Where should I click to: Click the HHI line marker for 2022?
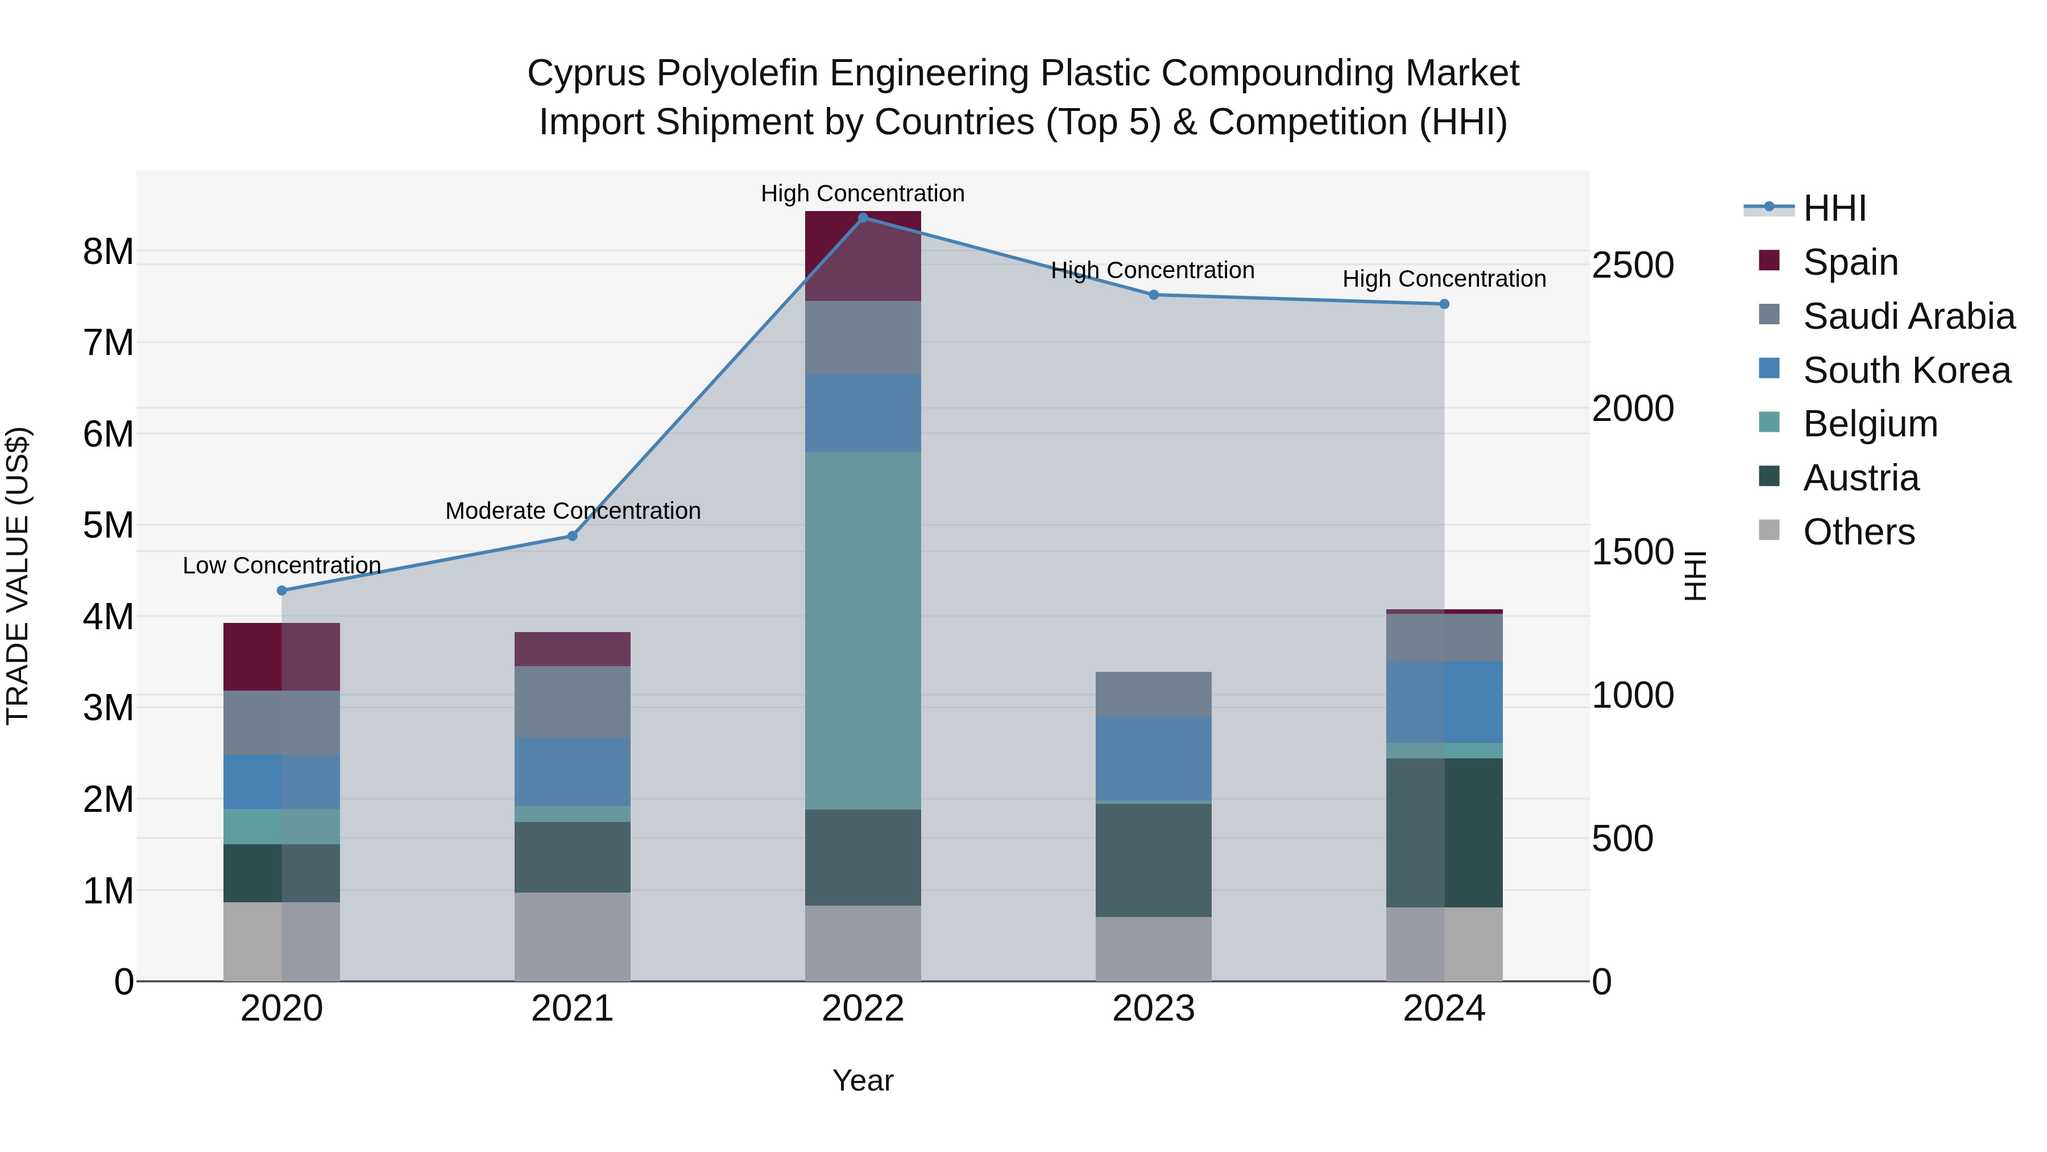[863, 218]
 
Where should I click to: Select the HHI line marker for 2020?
[281, 591]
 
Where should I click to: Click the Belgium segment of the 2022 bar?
[863, 630]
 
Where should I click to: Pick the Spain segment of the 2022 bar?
[863, 256]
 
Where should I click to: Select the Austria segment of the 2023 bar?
[1153, 860]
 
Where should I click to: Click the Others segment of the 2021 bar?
[572, 936]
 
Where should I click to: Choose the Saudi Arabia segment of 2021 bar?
[572, 701]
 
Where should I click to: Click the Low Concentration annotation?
[281, 565]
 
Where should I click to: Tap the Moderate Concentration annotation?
[572, 510]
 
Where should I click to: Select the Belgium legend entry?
[1870, 424]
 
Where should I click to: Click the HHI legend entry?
[1834, 208]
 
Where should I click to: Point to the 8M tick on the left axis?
[108, 251]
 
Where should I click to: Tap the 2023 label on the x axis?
[1153, 1009]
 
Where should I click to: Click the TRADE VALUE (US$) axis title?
[18, 576]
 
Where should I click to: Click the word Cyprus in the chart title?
[586, 73]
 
